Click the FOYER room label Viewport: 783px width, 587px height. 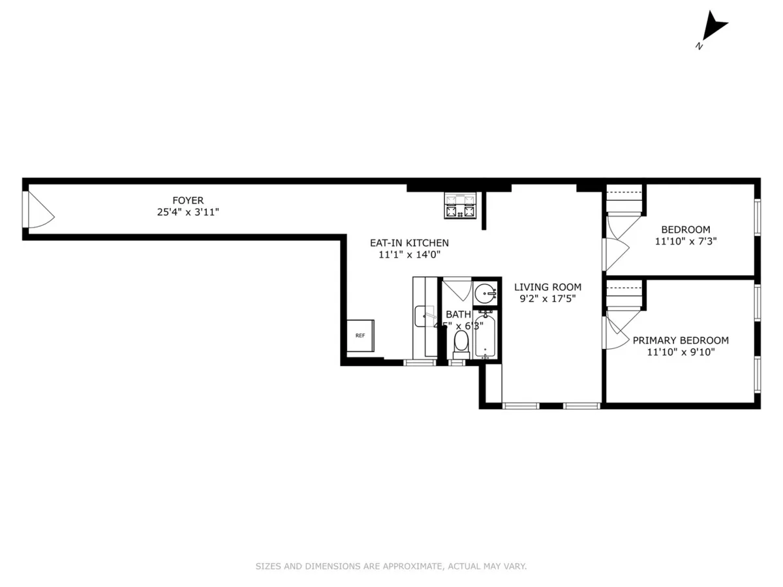pos(188,200)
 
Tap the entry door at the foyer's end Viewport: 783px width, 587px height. pos(38,211)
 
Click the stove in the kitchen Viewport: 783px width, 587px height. pos(461,207)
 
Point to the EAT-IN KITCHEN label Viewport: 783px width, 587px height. pos(409,243)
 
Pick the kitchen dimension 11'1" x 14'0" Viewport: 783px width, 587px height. pos(409,255)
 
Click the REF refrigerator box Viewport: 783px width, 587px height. pos(360,335)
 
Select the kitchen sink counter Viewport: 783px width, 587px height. pos(425,317)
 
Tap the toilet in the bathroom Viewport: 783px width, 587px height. pos(461,343)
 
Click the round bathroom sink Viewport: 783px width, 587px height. pos(485,293)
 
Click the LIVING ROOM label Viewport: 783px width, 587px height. pos(547,287)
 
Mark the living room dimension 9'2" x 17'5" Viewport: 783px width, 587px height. pos(547,299)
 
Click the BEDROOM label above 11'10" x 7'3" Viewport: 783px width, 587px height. pos(685,230)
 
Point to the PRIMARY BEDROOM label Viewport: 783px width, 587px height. pos(681,340)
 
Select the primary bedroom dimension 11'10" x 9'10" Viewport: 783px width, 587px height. pos(681,353)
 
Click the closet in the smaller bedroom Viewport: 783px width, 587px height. pos(624,200)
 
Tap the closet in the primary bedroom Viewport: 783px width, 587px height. pos(624,295)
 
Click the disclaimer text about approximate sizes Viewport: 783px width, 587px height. pos(391,566)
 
